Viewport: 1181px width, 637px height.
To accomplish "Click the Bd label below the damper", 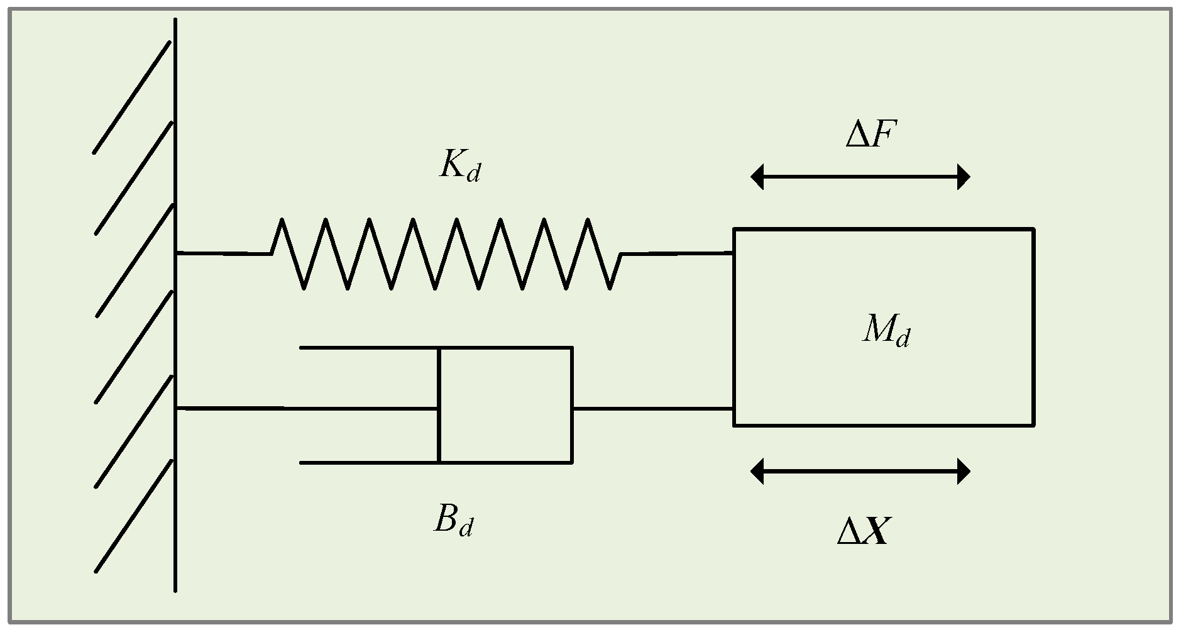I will click(x=453, y=521).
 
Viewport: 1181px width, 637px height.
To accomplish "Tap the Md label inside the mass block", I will click(x=886, y=330).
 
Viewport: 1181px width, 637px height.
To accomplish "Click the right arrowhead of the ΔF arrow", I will click(x=963, y=177).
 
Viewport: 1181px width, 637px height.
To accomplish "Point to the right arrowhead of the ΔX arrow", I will click(x=963, y=471).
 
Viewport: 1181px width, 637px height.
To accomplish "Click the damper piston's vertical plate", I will click(x=439, y=405).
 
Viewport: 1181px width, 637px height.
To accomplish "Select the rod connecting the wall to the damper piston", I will click(x=302, y=409).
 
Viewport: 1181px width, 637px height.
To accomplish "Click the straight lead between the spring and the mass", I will click(x=678, y=253).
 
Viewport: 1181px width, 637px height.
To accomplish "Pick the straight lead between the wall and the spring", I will click(x=223, y=253).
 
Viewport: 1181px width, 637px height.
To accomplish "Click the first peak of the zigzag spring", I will click(x=282, y=220).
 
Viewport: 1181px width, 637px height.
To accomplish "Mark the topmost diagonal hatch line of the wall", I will click(x=132, y=97).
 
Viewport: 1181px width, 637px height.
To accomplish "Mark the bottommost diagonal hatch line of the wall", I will click(x=133, y=517).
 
